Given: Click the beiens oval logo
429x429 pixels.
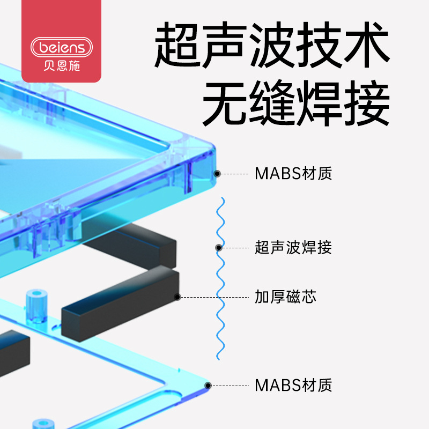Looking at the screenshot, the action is click(x=62, y=47).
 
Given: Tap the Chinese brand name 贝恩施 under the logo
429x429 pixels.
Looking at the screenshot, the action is click(x=61, y=68).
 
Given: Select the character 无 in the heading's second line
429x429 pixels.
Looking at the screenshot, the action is click(x=224, y=103).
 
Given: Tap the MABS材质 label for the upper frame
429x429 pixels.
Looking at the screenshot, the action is click(x=293, y=174).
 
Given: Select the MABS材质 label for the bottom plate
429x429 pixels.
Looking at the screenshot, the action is click(x=293, y=385).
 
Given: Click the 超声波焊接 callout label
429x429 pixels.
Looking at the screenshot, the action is click(x=293, y=248).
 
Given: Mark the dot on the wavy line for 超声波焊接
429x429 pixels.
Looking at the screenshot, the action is click(x=218, y=248).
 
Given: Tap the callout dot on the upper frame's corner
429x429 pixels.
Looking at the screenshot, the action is click(x=217, y=174).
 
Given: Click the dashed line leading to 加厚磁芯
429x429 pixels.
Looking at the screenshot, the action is click(x=214, y=297).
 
